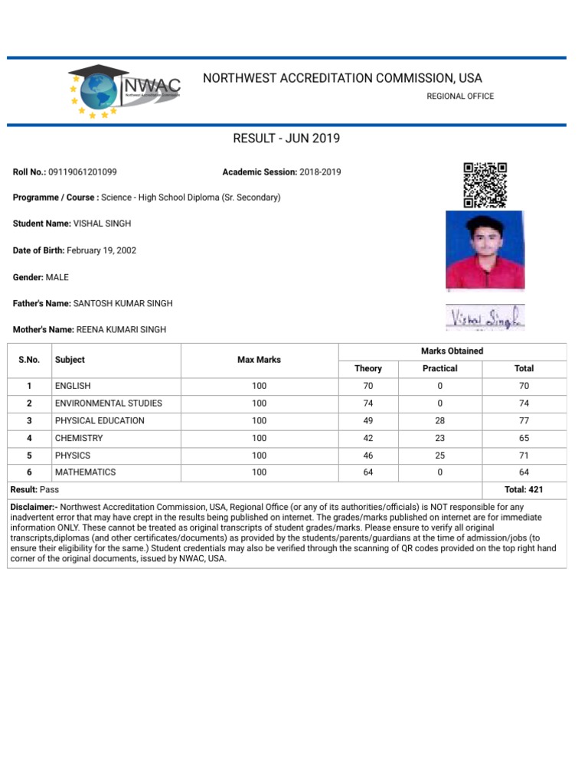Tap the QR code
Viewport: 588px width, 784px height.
pos(485,185)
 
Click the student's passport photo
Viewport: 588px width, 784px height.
pos(485,250)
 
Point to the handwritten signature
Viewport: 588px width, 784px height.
pos(485,316)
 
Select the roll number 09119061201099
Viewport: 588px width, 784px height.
pos(83,172)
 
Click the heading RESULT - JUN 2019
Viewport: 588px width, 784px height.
pos(286,139)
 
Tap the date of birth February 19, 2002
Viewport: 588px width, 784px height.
pos(102,250)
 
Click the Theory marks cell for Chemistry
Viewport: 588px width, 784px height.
pos(368,438)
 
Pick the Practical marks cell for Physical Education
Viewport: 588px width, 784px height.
pos(440,420)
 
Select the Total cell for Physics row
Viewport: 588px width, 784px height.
pos(524,455)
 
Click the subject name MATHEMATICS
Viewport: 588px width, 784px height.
pos(85,472)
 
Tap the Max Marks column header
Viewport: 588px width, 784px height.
pos(259,360)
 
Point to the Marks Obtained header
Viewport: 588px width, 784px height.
pos(452,351)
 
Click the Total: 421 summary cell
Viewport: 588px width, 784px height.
pos(524,489)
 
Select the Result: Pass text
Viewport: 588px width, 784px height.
pos(34,489)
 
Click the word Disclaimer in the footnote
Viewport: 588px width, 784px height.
pos(34,507)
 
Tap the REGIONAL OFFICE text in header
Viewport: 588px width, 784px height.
pos(460,96)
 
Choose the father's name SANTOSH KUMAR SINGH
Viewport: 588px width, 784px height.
pos(122,303)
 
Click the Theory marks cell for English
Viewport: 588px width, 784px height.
pos(368,386)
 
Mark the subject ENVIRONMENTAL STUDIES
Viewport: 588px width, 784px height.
pos(108,403)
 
